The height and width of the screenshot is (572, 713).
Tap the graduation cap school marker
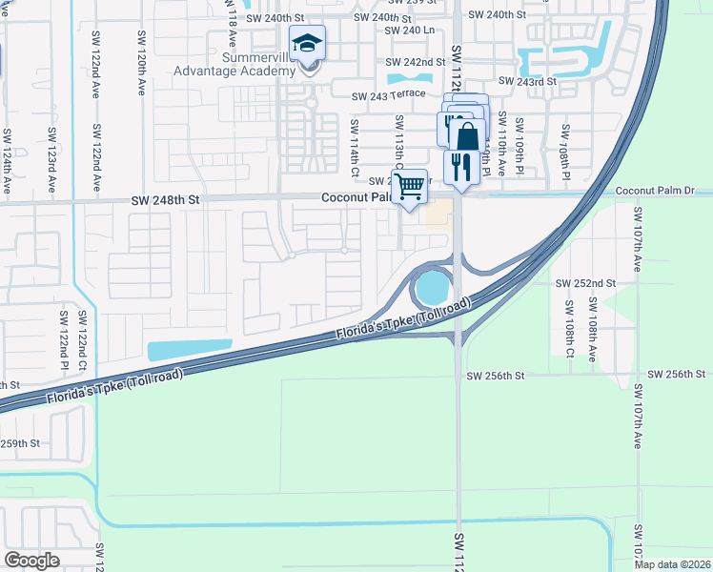(x=307, y=44)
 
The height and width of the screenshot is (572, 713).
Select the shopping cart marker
(x=409, y=186)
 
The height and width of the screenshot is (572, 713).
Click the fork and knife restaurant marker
(x=461, y=166)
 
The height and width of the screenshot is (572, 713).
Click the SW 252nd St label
(x=586, y=283)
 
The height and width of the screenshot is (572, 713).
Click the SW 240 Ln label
(x=409, y=31)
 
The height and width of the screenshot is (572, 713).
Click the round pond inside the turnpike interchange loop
(x=432, y=285)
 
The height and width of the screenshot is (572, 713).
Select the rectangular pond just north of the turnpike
(x=189, y=350)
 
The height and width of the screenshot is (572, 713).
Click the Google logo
(x=32, y=561)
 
